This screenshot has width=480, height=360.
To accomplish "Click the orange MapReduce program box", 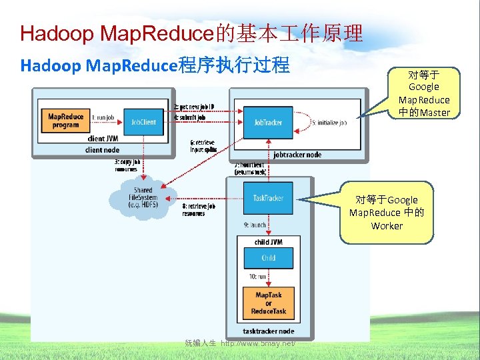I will click(x=65, y=121).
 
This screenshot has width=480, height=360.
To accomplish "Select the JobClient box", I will click(x=143, y=122).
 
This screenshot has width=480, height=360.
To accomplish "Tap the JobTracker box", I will click(x=268, y=123).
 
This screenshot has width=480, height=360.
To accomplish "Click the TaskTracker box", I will click(x=268, y=198).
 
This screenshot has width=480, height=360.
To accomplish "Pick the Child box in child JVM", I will click(x=268, y=258).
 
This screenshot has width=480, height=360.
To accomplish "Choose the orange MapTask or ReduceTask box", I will click(x=268, y=303).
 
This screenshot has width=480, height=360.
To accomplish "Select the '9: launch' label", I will click(x=255, y=225).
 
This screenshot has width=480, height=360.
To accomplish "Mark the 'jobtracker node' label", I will click(x=297, y=155).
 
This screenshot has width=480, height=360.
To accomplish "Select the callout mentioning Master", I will click(x=424, y=93).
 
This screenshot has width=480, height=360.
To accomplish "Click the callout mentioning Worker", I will click(x=387, y=213).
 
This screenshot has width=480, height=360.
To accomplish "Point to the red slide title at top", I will click(x=192, y=33).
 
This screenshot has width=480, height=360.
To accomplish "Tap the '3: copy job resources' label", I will click(x=127, y=165).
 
